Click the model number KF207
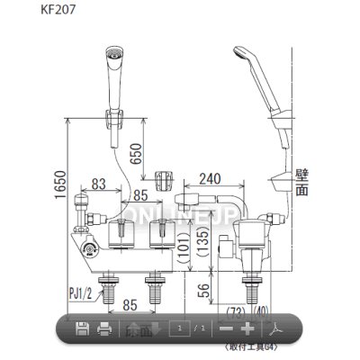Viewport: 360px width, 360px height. pyautogui.click(x=31, y=13)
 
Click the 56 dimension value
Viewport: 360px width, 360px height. pyautogui.click(x=204, y=292)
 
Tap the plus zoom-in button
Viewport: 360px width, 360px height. pyautogui.click(x=249, y=329)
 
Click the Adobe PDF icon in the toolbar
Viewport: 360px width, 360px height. pyautogui.click(x=288, y=329)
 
